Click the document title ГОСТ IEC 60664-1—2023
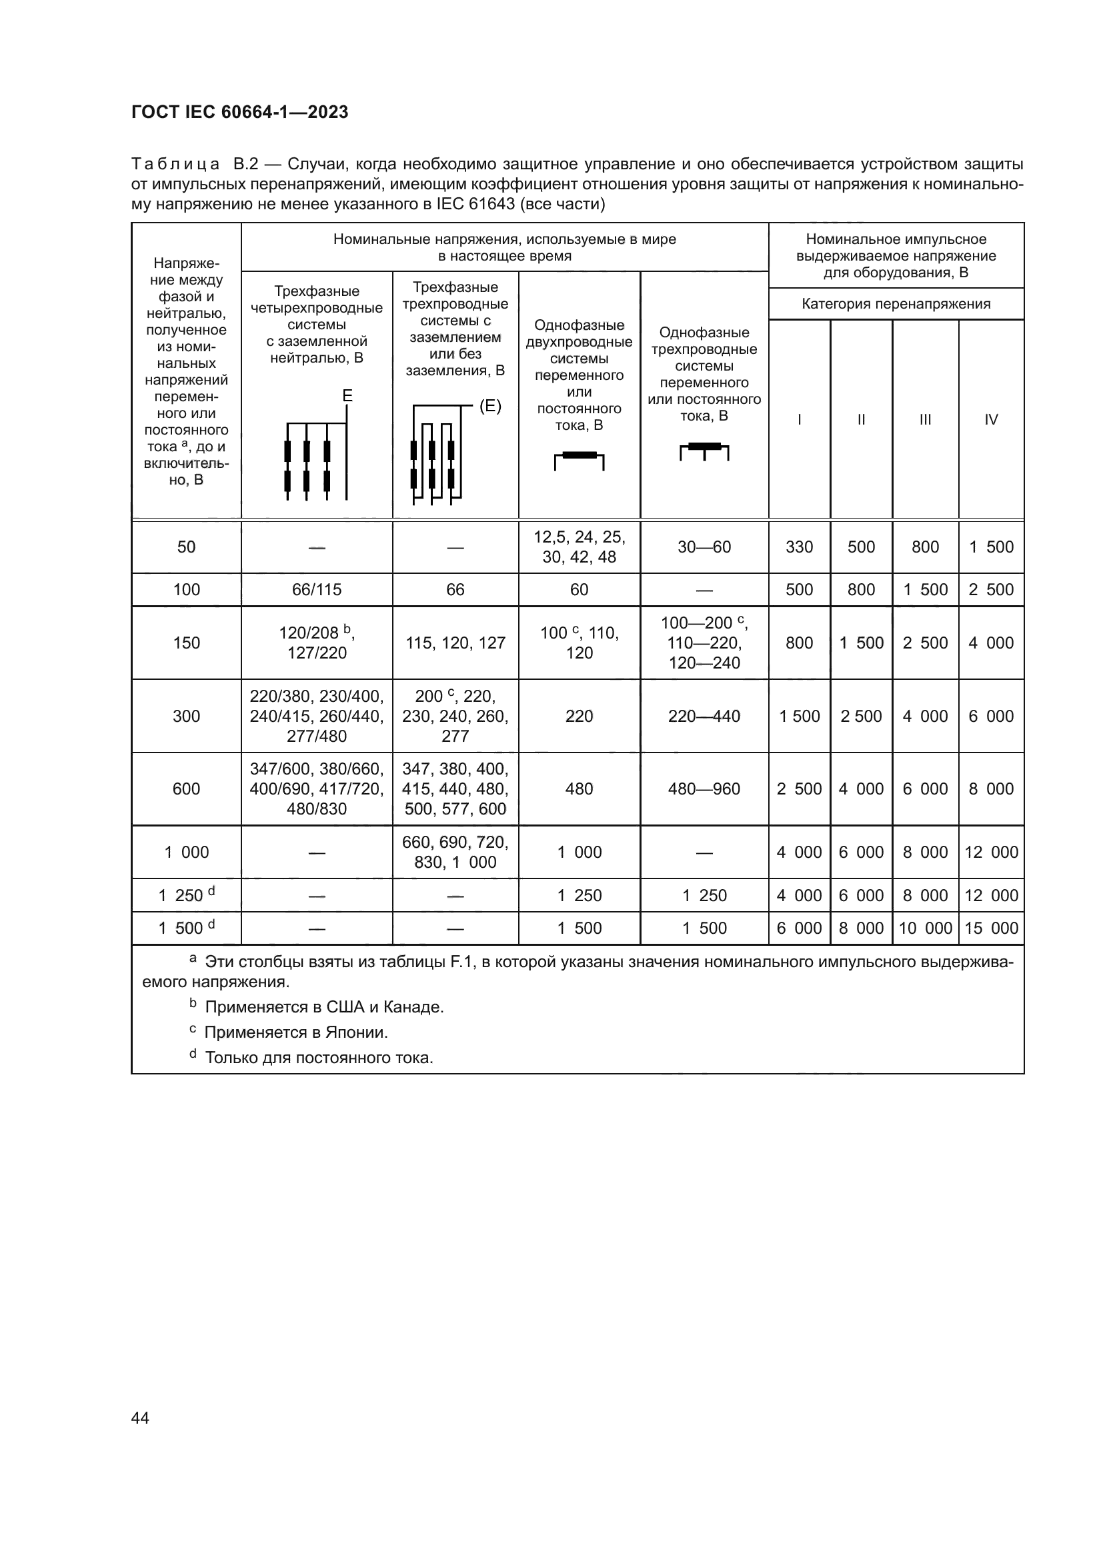pyautogui.click(x=240, y=112)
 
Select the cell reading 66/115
pyautogui.click(x=317, y=589)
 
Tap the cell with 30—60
pyautogui.click(x=704, y=547)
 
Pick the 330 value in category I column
pyautogui.click(x=799, y=547)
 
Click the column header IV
pyautogui.click(x=991, y=420)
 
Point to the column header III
pyautogui.click(x=925, y=420)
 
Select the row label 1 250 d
pyautogui.click(x=186, y=895)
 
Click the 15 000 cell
pyautogui.click(x=991, y=928)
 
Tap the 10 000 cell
pyautogui.click(x=925, y=928)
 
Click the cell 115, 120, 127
pyautogui.click(x=455, y=643)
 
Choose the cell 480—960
pyautogui.click(x=704, y=788)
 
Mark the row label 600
pyautogui.click(x=186, y=788)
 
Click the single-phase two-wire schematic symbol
pyautogui.click(x=580, y=460)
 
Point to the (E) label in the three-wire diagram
pyautogui.click(x=489, y=406)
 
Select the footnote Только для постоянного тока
pyautogui.click(x=318, y=1057)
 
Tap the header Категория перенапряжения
pyautogui.click(x=896, y=303)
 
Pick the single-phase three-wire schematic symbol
pyautogui.click(x=704, y=450)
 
